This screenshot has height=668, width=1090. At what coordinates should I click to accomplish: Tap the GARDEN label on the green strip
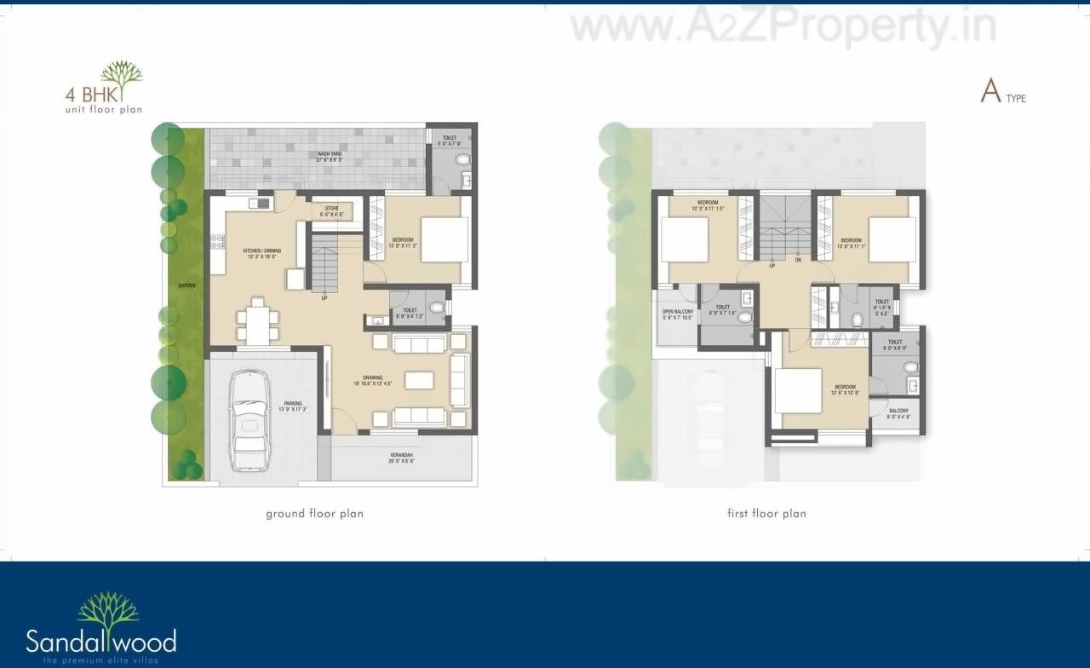(186, 286)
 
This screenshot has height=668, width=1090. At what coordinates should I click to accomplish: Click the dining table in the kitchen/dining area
(257, 322)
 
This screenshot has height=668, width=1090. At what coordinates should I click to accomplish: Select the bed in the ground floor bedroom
(445, 239)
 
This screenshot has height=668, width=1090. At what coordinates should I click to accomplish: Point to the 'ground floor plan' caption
(314, 514)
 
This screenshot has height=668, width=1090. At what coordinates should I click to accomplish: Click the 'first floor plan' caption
(766, 514)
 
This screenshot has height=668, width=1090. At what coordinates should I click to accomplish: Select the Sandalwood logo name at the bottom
(100, 640)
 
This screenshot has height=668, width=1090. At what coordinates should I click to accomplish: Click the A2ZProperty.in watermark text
(783, 27)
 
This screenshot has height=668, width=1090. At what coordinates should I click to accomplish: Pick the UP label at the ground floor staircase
(324, 297)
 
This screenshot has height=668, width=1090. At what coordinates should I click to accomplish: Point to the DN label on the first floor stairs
(798, 261)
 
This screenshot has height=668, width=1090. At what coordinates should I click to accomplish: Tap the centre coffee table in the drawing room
(419, 380)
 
